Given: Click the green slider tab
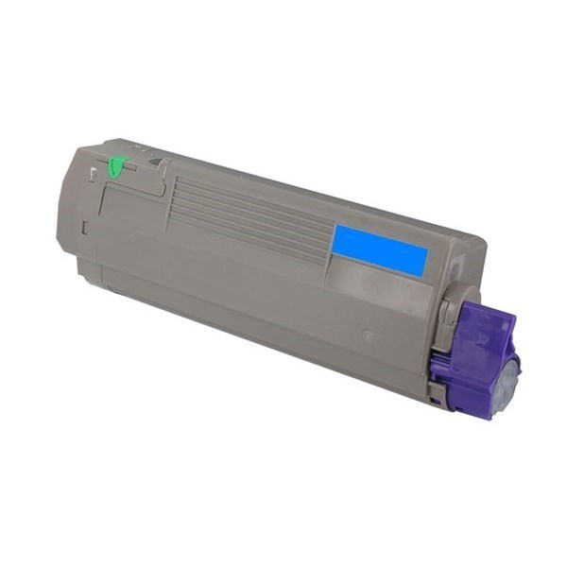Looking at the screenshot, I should click(x=116, y=166).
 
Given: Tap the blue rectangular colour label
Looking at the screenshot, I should click(x=379, y=249).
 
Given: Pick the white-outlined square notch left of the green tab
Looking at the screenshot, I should click(x=92, y=174).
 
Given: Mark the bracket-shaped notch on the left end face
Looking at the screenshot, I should click(x=85, y=227).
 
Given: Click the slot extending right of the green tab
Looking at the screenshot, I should click(x=131, y=168).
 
